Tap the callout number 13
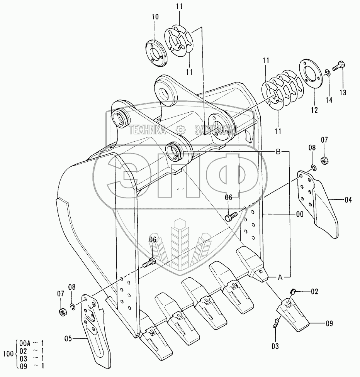343,92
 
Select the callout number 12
314,110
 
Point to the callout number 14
329,100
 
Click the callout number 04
348,200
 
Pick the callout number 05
68,339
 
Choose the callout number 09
328,323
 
